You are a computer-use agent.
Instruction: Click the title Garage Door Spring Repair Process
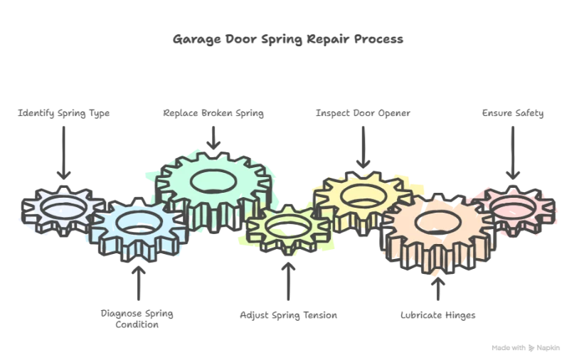[x=287, y=40]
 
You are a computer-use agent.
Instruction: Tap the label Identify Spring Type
[x=65, y=114]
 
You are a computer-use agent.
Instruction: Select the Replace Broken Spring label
[x=213, y=114]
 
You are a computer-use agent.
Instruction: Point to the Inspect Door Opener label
[x=364, y=114]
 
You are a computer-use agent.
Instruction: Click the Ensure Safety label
[x=511, y=114]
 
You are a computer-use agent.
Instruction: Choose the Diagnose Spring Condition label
[x=138, y=318]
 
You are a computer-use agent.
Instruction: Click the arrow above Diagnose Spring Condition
[x=138, y=281]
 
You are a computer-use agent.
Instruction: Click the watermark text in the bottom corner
[x=527, y=346]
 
